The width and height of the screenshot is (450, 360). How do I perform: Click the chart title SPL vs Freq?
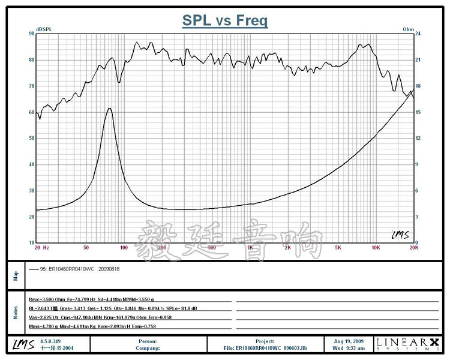coord(225,20)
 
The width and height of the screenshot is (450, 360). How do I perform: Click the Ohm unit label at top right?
coord(408,29)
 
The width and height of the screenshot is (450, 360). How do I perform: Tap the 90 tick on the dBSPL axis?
coord(31,34)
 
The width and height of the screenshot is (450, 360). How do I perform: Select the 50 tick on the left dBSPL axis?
coord(31,138)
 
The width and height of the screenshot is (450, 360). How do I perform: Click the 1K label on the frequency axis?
coord(250,247)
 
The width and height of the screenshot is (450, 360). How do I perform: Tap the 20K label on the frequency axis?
coord(412,247)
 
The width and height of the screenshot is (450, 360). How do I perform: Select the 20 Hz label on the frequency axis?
coord(41,247)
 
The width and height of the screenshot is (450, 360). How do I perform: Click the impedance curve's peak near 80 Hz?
coord(109,109)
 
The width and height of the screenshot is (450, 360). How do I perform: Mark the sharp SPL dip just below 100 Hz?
coord(119,82)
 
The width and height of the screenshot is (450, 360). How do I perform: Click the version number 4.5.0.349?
coord(52,340)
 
